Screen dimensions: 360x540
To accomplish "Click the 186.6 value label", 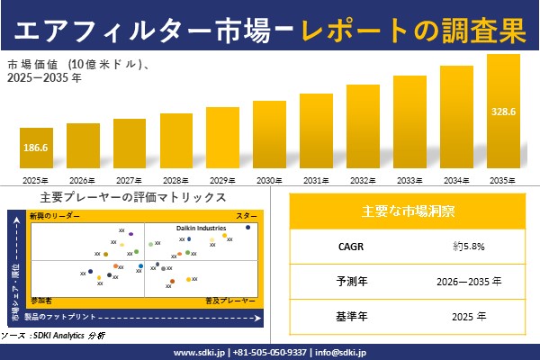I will pyautogui.click(x=36, y=147).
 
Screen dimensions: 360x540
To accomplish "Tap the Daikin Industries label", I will pyautogui.click(x=201, y=229).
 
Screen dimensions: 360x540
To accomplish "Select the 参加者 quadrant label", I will pyautogui.click(x=41, y=298).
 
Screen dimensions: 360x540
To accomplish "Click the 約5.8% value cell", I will pyautogui.click(x=470, y=245).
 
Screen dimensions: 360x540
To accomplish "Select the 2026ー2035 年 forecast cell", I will pyautogui.click(x=470, y=281).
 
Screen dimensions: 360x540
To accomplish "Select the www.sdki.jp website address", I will pyautogui.click(x=199, y=351).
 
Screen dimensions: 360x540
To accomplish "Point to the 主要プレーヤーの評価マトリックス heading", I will pyautogui.click(x=133, y=197).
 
